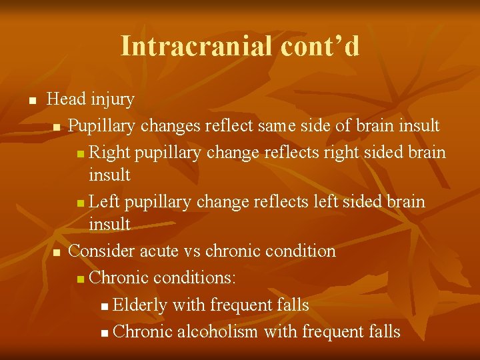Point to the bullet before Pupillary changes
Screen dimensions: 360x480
(57, 127)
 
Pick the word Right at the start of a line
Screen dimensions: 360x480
(110, 152)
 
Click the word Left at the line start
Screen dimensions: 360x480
(105, 201)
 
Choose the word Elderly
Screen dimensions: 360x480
(140, 305)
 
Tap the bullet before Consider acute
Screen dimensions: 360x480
(57, 253)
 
